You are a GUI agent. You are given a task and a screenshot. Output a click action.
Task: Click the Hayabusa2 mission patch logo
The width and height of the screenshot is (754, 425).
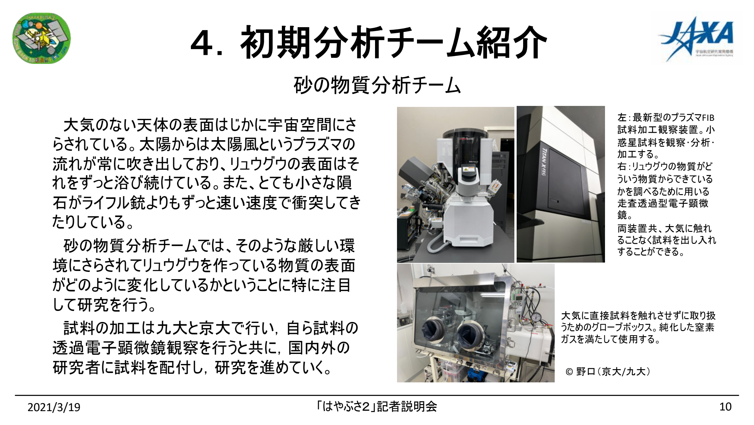(41, 38)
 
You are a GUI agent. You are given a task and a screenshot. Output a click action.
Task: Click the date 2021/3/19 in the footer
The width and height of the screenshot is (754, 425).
(54, 407)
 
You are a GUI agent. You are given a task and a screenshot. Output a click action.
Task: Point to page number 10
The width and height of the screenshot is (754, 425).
(725, 407)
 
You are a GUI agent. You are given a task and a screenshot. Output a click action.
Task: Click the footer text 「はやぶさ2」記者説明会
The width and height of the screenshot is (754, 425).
(377, 407)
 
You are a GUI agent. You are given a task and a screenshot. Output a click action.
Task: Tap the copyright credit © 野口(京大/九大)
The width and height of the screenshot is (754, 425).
(608, 372)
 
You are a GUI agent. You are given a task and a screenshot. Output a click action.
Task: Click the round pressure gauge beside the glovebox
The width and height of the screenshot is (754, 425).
(536, 316)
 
